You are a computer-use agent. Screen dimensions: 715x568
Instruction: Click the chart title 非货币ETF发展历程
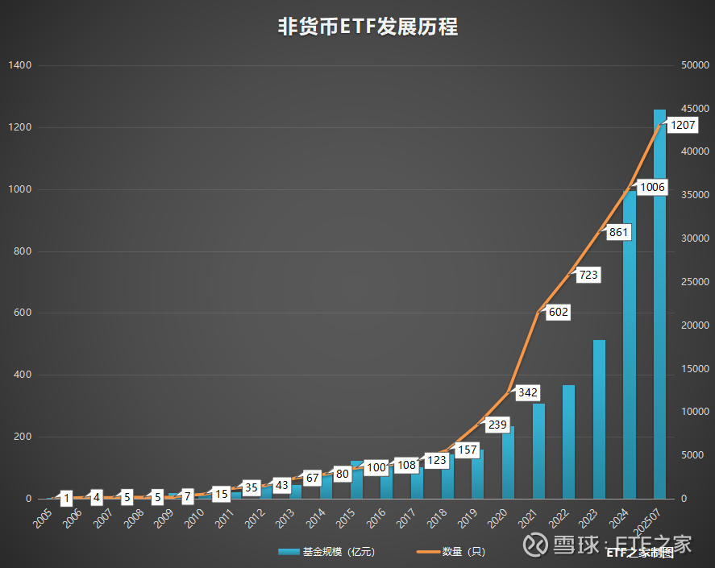368,27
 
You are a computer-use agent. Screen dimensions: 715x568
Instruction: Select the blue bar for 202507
659,304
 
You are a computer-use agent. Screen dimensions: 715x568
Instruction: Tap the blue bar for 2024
630,345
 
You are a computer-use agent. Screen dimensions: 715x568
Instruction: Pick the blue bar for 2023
599,420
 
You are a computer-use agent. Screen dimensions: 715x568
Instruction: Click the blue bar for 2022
568,442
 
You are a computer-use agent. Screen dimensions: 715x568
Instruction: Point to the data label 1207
683,125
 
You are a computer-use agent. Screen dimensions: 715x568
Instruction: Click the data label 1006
652,187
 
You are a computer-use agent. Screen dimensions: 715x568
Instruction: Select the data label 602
558,312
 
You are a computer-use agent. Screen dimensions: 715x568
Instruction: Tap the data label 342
528,392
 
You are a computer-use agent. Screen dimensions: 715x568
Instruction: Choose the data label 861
618,232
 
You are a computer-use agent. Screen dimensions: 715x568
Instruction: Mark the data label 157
467,450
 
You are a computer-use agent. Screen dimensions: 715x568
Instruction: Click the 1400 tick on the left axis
20,65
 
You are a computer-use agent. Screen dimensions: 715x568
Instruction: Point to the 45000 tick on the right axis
695,109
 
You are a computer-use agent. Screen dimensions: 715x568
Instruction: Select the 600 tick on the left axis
23,313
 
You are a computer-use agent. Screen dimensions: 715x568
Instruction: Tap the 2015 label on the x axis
345,518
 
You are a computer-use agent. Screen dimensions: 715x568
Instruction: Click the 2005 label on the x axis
43,518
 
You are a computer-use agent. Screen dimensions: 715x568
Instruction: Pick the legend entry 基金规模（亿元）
326,552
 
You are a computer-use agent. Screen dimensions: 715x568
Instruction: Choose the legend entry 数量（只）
451,552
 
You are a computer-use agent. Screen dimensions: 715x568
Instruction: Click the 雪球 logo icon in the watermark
535,545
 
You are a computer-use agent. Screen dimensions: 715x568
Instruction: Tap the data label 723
588,275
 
